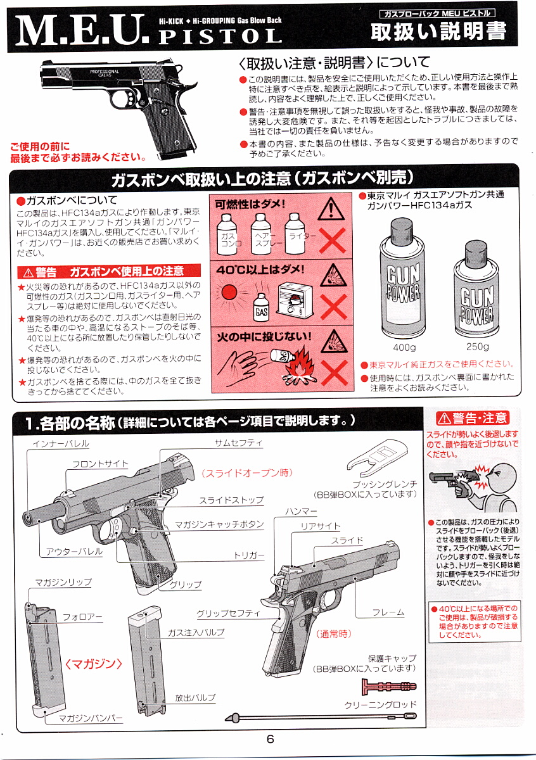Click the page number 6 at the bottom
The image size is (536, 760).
tap(270, 738)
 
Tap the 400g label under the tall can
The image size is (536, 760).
tap(404, 348)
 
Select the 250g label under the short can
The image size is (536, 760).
tap(477, 346)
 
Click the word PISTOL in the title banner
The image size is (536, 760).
tap(220, 35)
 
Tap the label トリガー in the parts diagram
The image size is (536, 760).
tap(249, 555)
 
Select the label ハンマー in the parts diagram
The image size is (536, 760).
tap(301, 511)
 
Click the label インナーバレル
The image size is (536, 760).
tap(61, 444)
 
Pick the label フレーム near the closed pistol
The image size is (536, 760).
tap(388, 612)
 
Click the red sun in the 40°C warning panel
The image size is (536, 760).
tap(229, 292)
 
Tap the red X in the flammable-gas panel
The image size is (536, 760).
tap(333, 240)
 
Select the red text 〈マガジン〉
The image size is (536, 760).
tap(93, 664)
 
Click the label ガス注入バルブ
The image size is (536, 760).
tap(196, 632)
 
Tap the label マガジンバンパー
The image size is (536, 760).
tap(91, 718)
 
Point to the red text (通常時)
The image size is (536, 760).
tap(334, 634)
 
